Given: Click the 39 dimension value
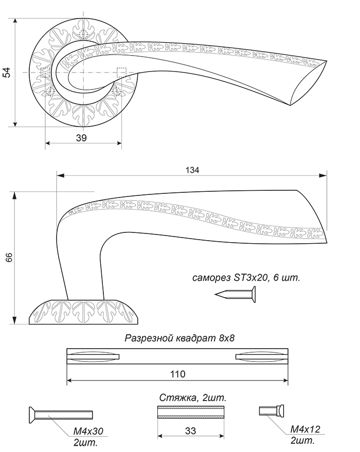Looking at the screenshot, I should pos(81,137).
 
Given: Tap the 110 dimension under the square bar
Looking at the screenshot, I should pos(177,374).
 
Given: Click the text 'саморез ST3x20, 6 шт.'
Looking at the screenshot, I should pos(246,278).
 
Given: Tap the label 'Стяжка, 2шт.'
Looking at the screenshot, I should pos(192,398).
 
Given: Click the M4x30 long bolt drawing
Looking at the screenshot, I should pos(60,414).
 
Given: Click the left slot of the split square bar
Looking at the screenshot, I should pos(94,356).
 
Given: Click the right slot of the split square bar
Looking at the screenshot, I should pos(260,356).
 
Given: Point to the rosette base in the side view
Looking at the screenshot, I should pos(83,312).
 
